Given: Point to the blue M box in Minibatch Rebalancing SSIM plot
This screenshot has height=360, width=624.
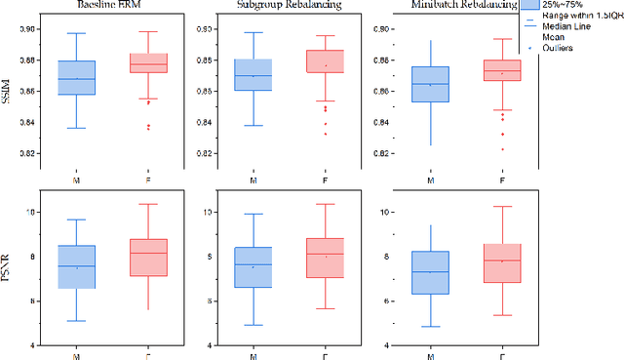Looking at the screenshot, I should [x=431, y=84].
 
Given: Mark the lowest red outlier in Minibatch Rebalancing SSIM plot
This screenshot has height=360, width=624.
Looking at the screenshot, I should [x=503, y=149].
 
